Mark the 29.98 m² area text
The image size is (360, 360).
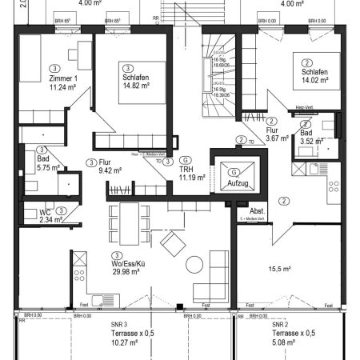pyautogui.click(x=128, y=271)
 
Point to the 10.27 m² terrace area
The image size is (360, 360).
pyautogui.click(x=126, y=342)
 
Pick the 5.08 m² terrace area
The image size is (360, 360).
pyautogui.click(x=285, y=342)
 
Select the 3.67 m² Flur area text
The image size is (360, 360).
pyautogui.click(x=255, y=138)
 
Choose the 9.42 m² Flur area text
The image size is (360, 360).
pyautogui.click(x=108, y=170)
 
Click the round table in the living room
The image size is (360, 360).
pyautogui.click(x=194, y=266)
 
